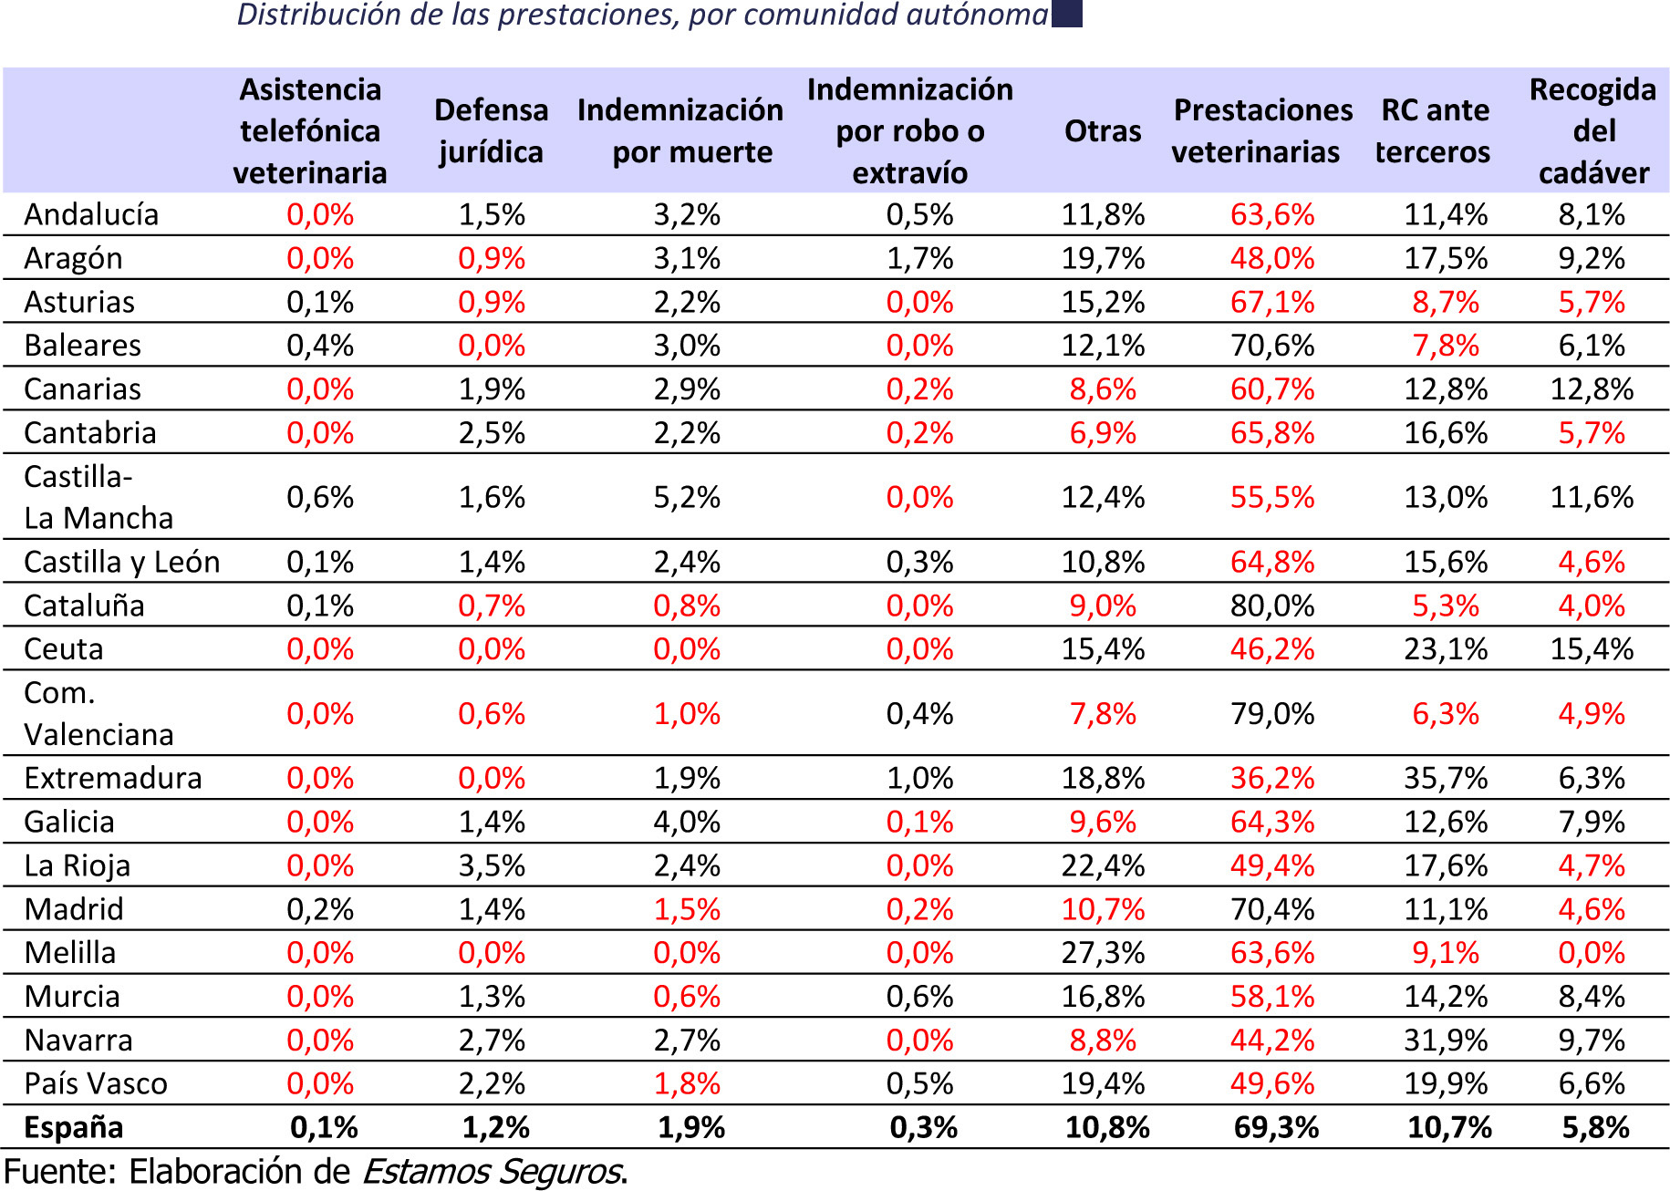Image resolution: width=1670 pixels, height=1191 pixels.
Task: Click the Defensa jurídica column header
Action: point(491,130)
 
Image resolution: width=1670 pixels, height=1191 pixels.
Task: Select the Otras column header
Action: point(1103,131)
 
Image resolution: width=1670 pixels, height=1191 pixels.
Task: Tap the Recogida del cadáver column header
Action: point(1592,130)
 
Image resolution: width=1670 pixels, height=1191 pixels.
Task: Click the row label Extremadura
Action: point(113,778)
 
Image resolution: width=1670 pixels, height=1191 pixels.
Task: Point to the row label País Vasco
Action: point(96,1083)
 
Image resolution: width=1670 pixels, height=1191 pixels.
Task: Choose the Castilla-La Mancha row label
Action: point(99,497)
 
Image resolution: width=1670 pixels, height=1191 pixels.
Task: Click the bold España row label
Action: point(74,1127)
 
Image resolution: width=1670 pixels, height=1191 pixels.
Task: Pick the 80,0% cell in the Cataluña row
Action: point(1272,606)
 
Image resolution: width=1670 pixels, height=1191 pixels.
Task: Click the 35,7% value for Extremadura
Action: point(1446,778)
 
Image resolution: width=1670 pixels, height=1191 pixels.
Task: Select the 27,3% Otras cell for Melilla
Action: point(1103,952)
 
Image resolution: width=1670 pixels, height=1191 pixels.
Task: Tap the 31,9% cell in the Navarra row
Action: point(1446,1040)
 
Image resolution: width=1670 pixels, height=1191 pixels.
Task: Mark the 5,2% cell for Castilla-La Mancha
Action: point(687,497)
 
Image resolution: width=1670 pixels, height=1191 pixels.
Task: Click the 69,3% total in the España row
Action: point(1276,1127)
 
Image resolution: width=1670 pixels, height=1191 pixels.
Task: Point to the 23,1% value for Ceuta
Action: point(1446,649)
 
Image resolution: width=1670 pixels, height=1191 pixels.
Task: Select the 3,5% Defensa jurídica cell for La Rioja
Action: point(492,865)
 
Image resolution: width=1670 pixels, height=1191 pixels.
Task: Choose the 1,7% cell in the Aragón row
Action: point(919,258)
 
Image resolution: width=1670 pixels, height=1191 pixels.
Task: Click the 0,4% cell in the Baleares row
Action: point(320,346)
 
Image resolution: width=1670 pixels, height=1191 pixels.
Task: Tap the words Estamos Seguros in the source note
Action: point(493,1171)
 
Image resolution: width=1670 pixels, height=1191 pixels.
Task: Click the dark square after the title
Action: point(1066,13)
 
